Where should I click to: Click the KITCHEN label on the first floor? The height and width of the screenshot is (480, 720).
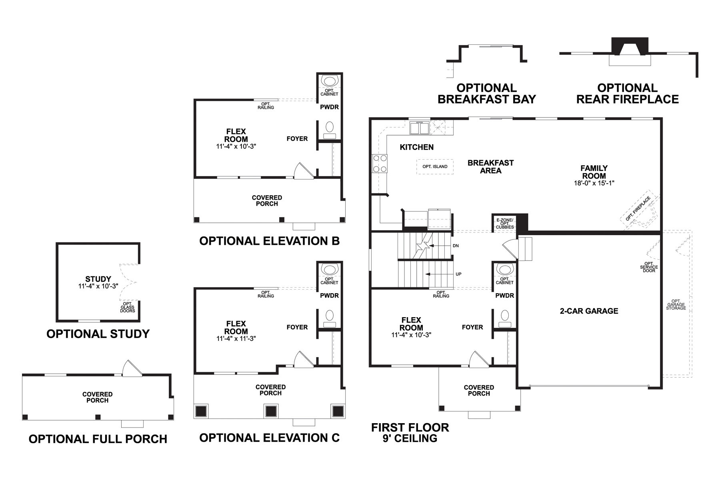[x=416, y=147]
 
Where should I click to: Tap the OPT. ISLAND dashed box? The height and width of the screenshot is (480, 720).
[x=435, y=166]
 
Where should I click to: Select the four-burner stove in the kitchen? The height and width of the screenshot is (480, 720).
[x=380, y=164]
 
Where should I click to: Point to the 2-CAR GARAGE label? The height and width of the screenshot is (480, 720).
[x=589, y=311]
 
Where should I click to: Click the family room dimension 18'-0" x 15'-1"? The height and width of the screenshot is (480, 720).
[x=594, y=183]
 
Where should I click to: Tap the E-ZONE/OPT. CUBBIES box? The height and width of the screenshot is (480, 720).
[x=504, y=224]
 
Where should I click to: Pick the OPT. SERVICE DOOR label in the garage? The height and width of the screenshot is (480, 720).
[x=649, y=267]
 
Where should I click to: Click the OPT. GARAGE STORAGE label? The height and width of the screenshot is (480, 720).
[x=676, y=305]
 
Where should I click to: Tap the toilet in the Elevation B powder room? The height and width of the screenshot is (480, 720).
[x=330, y=128]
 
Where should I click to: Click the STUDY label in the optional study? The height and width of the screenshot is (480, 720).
[x=98, y=279]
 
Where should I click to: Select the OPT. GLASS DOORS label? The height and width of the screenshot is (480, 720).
[x=128, y=307]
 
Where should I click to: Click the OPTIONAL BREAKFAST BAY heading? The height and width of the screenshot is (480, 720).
[x=486, y=94]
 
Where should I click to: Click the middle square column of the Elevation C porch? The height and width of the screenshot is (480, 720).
[x=271, y=411]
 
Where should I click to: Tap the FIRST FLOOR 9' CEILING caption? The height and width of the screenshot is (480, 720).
[x=410, y=432]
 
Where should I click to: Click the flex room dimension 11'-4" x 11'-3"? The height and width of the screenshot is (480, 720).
[x=236, y=338]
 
